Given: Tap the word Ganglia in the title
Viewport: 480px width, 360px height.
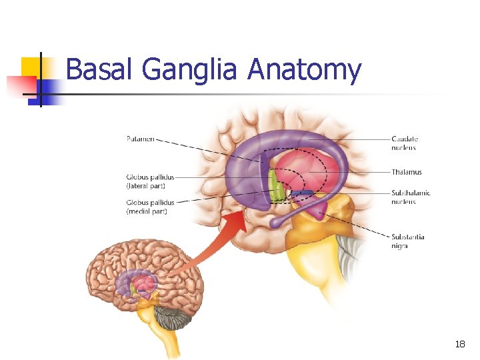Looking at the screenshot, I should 189,69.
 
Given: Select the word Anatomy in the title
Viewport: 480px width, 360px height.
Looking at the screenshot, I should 304,69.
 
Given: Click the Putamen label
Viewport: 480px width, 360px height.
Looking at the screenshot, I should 140,139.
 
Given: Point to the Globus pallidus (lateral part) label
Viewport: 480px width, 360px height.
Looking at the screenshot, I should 151,181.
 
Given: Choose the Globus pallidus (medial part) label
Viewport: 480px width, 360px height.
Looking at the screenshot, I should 151,207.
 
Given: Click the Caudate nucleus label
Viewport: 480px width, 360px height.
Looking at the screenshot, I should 405,143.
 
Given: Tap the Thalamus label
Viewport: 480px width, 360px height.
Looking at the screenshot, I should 407,172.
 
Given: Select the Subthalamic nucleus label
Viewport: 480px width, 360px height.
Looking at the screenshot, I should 411,197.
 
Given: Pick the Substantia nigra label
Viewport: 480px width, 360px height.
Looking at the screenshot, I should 408,241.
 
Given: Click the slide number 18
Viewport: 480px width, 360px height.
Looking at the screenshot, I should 459,344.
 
